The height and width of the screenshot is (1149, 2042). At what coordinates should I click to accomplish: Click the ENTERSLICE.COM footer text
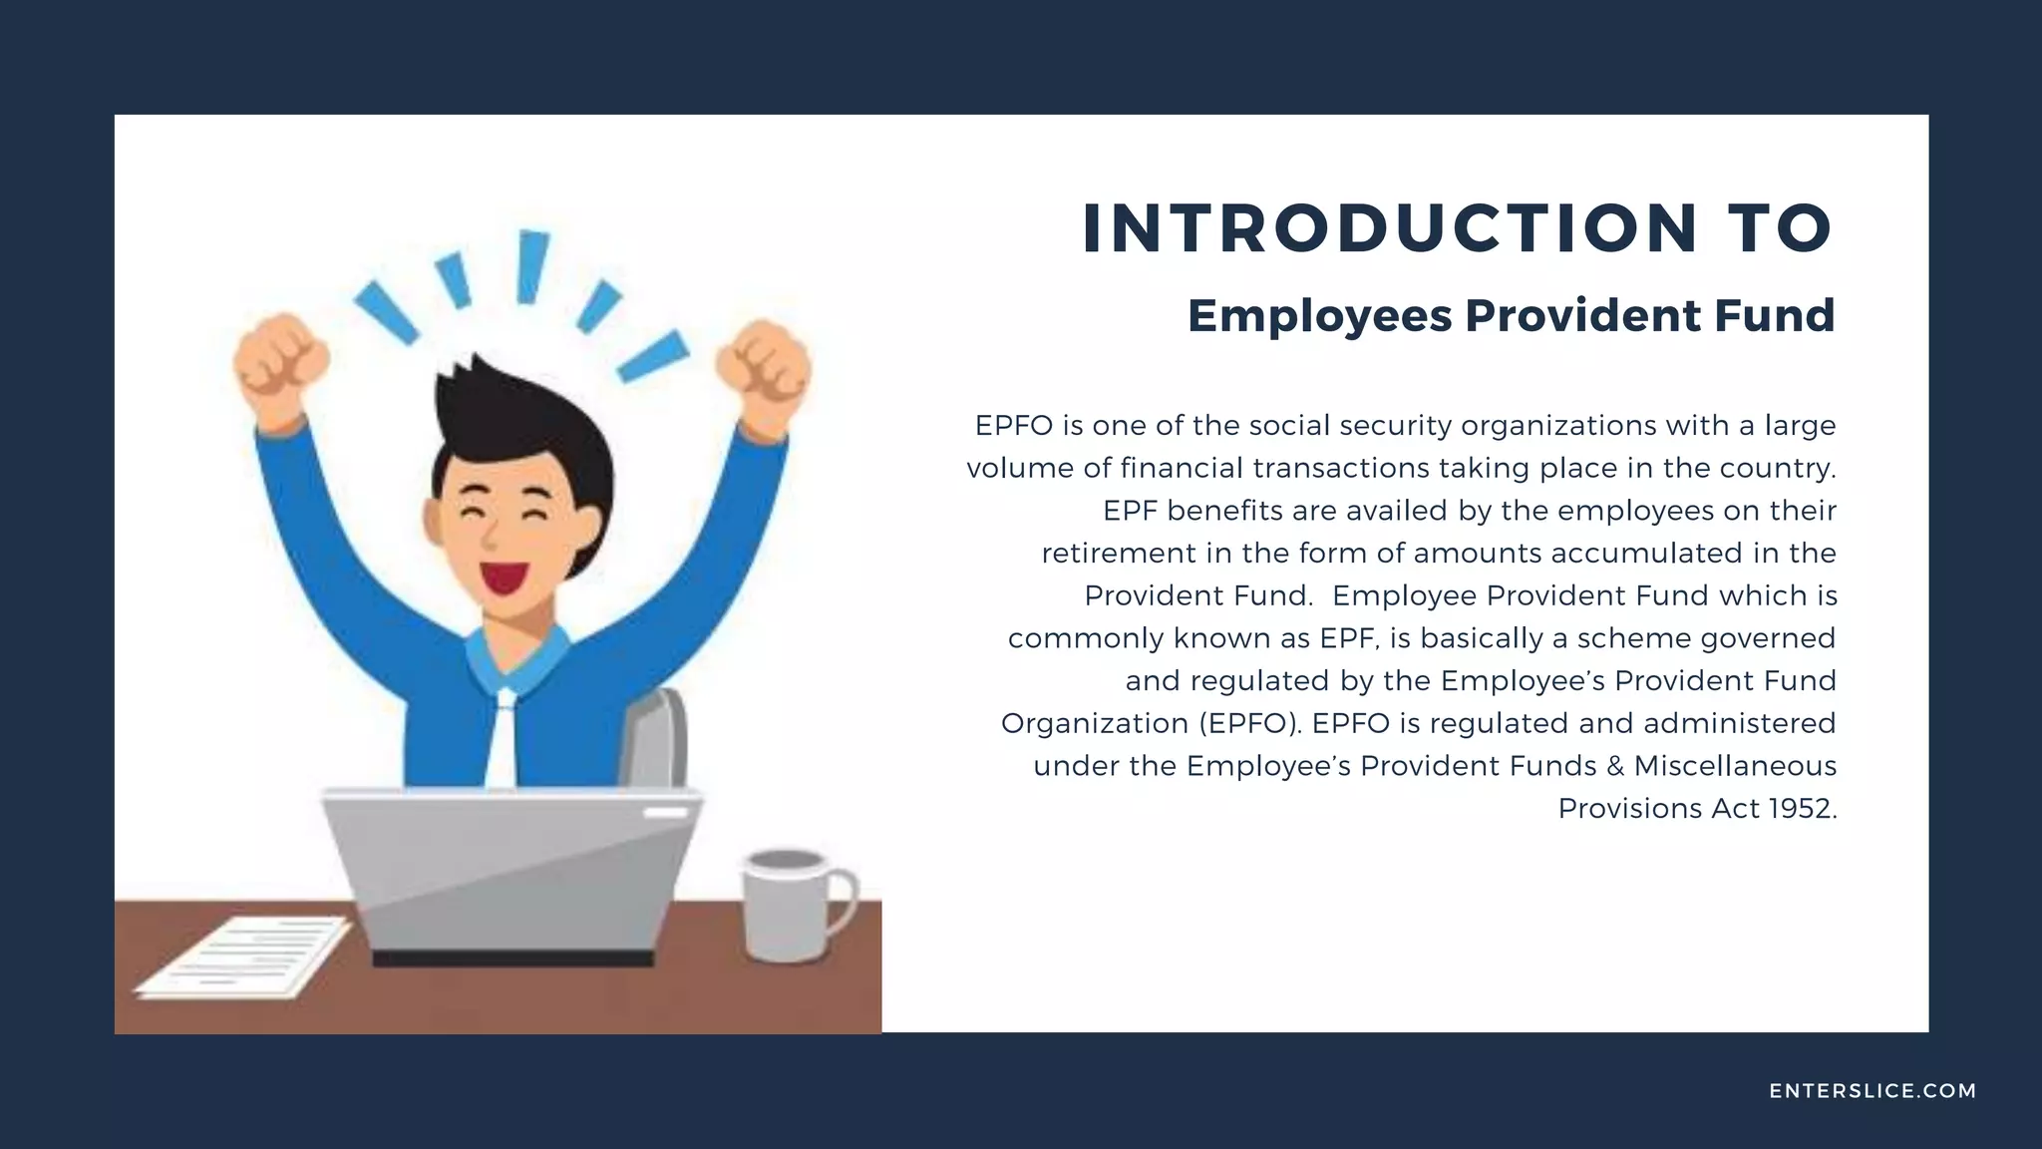1872,1091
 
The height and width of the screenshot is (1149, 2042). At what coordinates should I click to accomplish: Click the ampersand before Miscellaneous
1614,766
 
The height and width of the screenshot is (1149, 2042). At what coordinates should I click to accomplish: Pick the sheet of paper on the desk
244,957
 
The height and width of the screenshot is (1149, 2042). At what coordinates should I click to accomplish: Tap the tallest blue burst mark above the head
530,265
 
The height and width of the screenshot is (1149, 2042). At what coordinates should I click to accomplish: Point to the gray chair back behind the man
658,738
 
